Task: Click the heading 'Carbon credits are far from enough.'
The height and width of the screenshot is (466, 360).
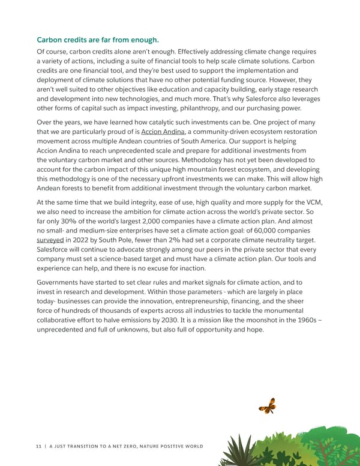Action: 98,40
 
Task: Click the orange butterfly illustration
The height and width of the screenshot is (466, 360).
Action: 268,407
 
